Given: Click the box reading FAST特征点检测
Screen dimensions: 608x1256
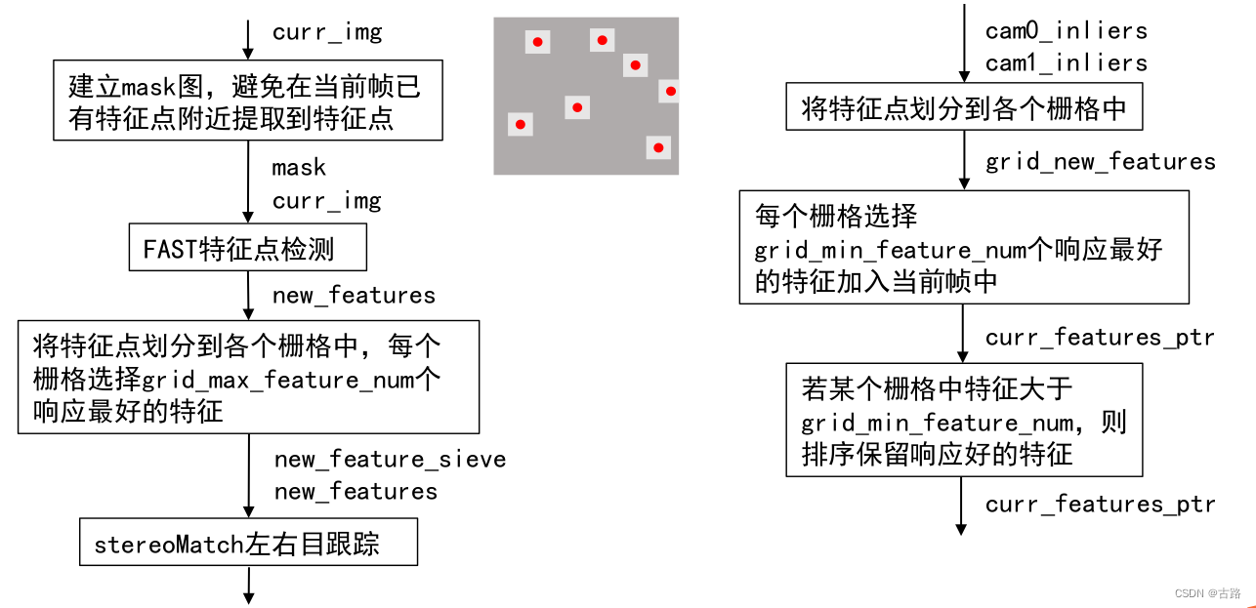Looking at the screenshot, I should (248, 250).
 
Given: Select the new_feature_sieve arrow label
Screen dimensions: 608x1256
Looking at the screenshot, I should (390, 459).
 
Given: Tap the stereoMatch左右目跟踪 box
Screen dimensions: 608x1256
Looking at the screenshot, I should (248, 544).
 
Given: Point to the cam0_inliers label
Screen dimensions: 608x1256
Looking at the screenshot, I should (1066, 30).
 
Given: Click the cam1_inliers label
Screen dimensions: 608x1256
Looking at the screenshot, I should (1066, 62).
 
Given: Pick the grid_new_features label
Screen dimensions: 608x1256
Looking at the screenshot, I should (1100, 161).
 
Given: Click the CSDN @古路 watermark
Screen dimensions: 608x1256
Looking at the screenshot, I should (1207, 592).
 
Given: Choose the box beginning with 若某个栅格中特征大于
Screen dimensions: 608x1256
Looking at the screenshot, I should (964, 421).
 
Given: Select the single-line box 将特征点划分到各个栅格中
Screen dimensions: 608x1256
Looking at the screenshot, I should (964, 107).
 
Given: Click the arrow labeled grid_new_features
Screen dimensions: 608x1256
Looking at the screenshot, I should (962, 160).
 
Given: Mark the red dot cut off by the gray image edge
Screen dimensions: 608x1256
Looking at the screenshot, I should (671, 92).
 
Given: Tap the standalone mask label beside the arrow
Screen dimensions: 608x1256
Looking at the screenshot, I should (299, 168).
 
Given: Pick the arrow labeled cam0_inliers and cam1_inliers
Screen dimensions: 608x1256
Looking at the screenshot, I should (962, 47).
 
